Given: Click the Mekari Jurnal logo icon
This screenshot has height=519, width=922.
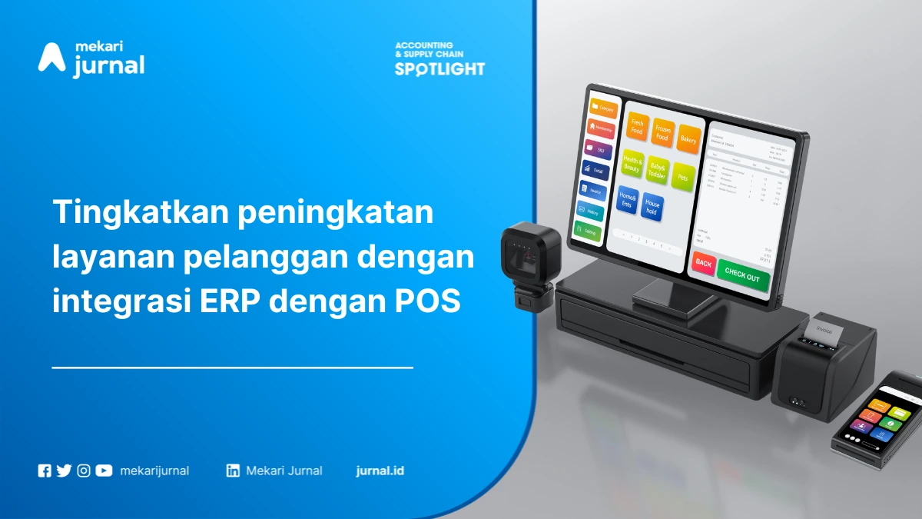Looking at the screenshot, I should pos(51,58).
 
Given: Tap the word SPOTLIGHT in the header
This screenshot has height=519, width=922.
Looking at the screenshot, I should pos(439,68).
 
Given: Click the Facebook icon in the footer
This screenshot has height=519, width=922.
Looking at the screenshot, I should pos(45,471).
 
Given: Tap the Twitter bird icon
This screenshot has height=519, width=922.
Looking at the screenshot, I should pos(64,471).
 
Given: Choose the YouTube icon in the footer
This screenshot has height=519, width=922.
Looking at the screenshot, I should pos(104,471).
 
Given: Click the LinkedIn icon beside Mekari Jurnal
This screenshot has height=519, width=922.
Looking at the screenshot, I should pos(233,471).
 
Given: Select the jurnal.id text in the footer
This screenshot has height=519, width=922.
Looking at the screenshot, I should pos(380,471).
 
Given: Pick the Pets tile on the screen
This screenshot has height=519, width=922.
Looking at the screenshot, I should pos(681,177).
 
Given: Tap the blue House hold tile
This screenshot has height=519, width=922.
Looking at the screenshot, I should pos(652,208).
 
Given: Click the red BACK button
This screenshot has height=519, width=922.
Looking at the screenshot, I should pos(703,263).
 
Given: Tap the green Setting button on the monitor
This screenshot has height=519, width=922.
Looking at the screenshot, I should pos(589,231).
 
